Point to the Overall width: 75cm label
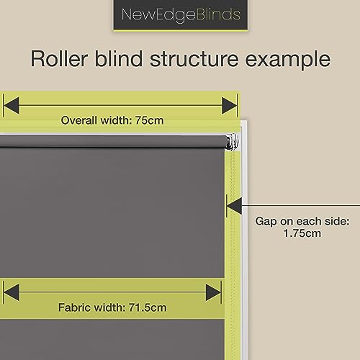112,120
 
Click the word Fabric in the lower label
74,307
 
